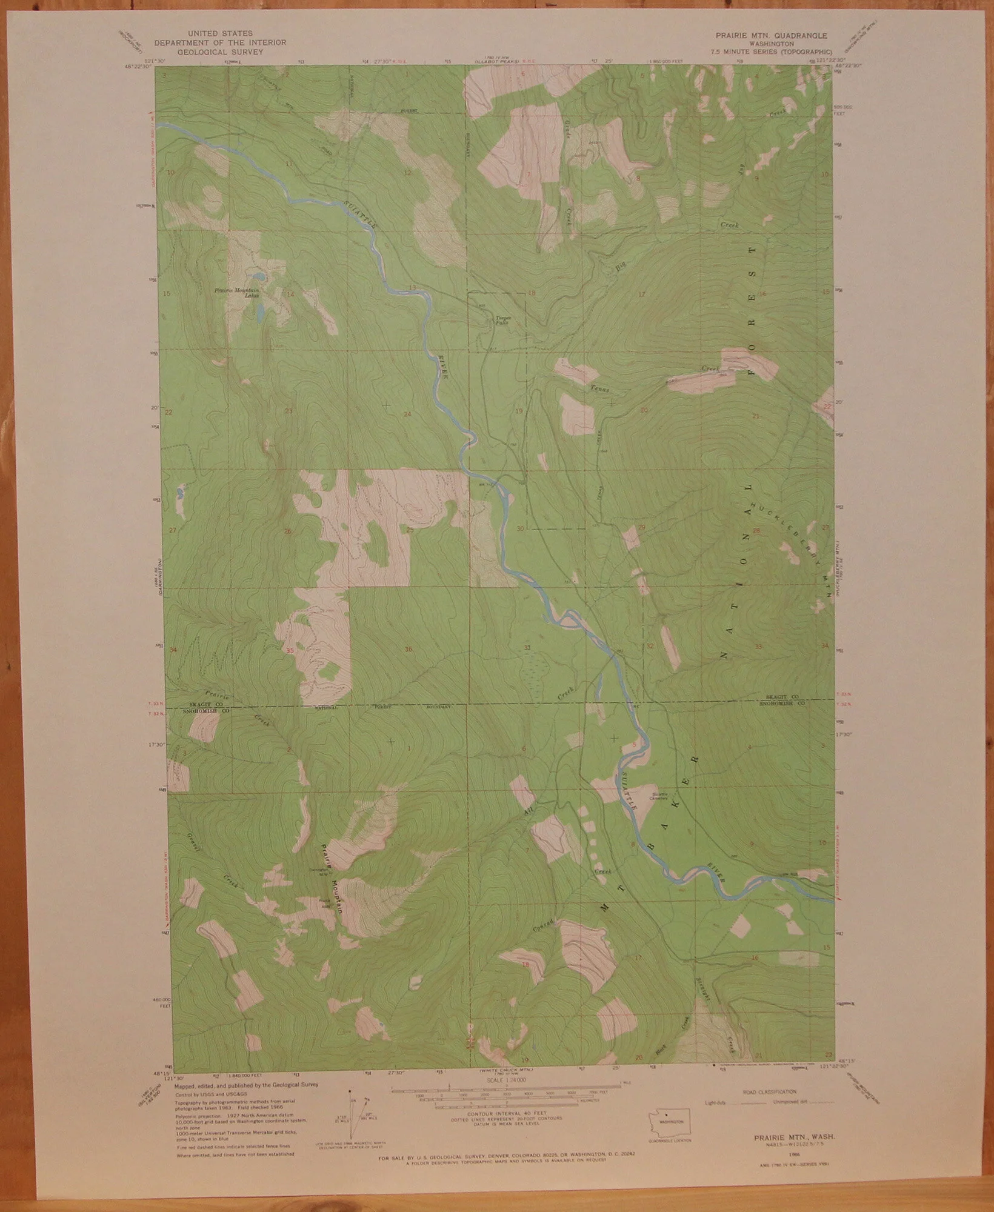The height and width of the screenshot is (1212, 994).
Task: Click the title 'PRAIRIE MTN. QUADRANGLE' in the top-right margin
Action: point(775,36)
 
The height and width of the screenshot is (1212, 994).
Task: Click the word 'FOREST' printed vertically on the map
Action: point(753,311)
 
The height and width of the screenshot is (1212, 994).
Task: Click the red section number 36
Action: point(408,650)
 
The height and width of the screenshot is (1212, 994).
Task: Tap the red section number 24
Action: point(407,414)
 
